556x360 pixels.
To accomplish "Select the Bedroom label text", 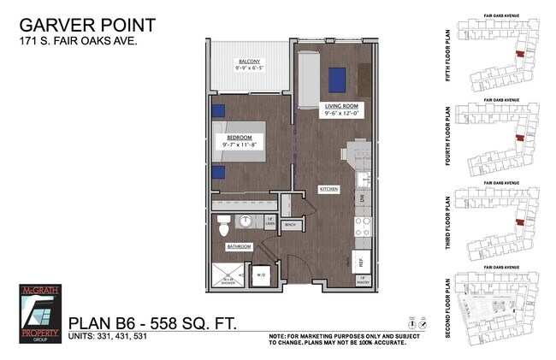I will point(239,137).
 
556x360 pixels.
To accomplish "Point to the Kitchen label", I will point(329,189).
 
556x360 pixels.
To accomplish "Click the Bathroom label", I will point(239,247).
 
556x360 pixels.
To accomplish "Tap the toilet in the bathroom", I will point(223,227).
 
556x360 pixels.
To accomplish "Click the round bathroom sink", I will point(245,221).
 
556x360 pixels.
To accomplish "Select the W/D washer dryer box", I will point(260,275).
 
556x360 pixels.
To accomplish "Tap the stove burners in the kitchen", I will point(362,226).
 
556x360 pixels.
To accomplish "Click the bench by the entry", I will point(290,225).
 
